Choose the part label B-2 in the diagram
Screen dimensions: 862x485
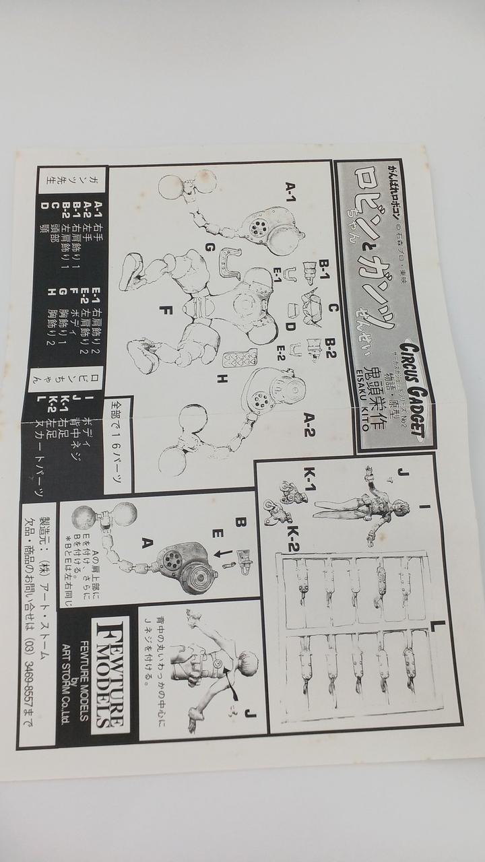point(331,349)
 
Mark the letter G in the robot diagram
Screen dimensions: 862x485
point(209,248)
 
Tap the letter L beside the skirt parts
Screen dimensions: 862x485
point(443,628)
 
